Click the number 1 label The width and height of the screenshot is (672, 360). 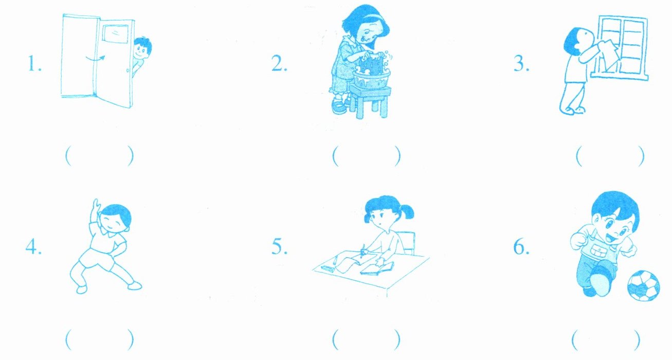[x=34, y=64]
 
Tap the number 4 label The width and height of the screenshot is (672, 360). [x=33, y=247]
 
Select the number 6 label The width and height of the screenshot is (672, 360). [x=521, y=247]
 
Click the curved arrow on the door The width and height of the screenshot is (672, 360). [x=95, y=58]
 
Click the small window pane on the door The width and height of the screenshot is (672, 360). [x=116, y=34]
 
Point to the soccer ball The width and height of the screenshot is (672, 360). [x=644, y=285]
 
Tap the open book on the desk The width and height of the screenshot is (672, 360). [x=377, y=268]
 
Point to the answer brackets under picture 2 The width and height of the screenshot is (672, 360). [x=366, y=156]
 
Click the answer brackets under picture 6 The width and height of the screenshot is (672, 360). [x=606, y=339]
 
